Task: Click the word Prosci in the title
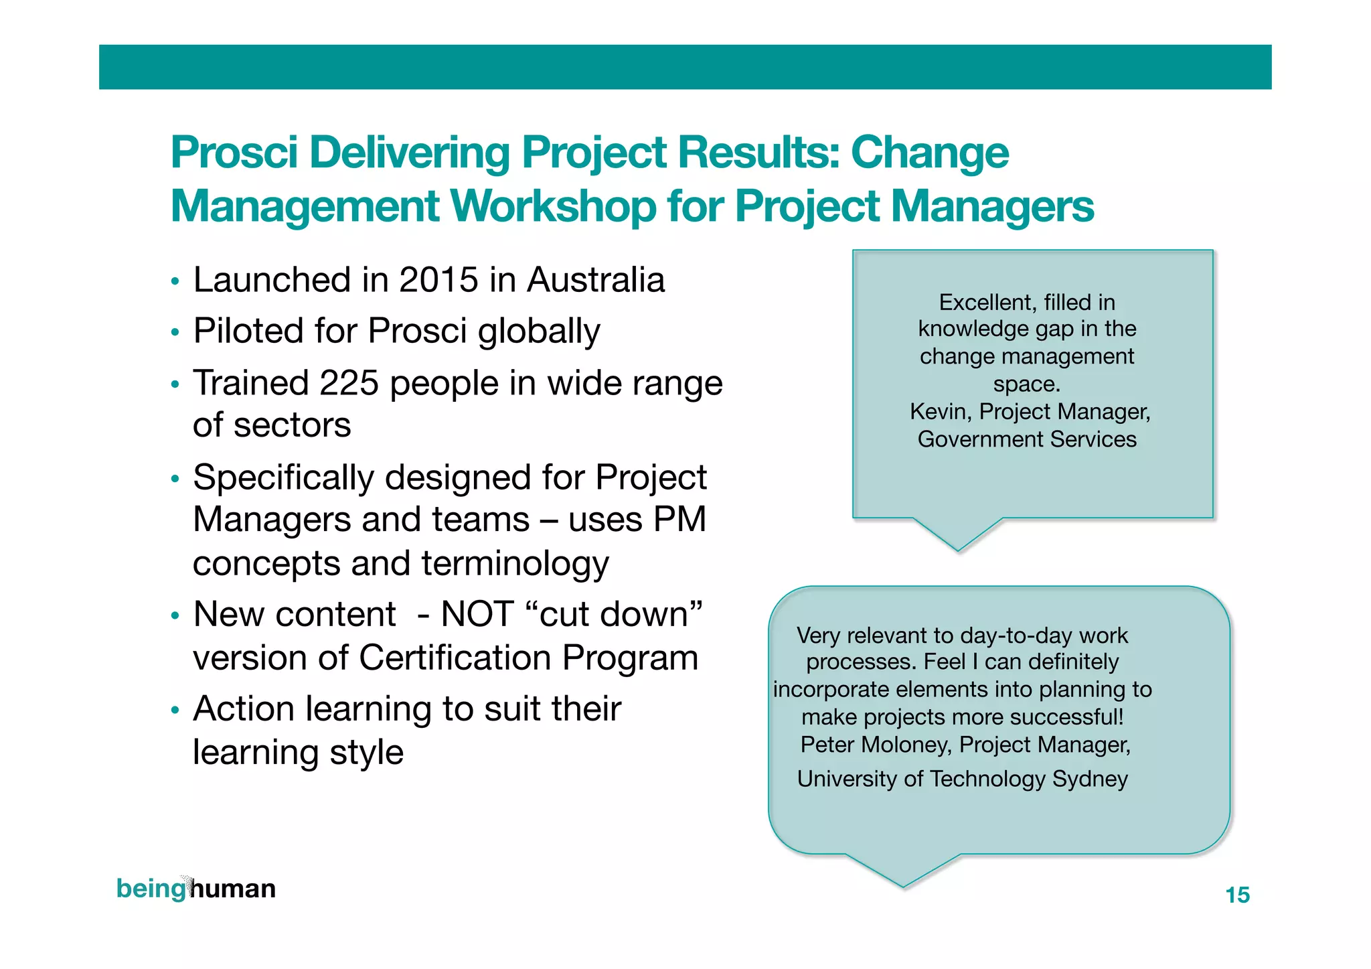pyautogui.click(x=234, y=153)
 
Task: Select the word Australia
pyautogui.click(x=595, y=280)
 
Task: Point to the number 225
pyautogui.click(x=349, y=383)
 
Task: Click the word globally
pyautogui.click(x=539, y=331)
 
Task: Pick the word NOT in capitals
pyautogui.click(x=477, y=614)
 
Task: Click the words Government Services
pyautogui.click(x=1027, y=439)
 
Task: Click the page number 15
pyautogui.click(x=1237, y=895)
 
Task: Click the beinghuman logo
pyautogui.click(x=195, y=889)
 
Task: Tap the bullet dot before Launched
pyautogui.click(x=175, y=281)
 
